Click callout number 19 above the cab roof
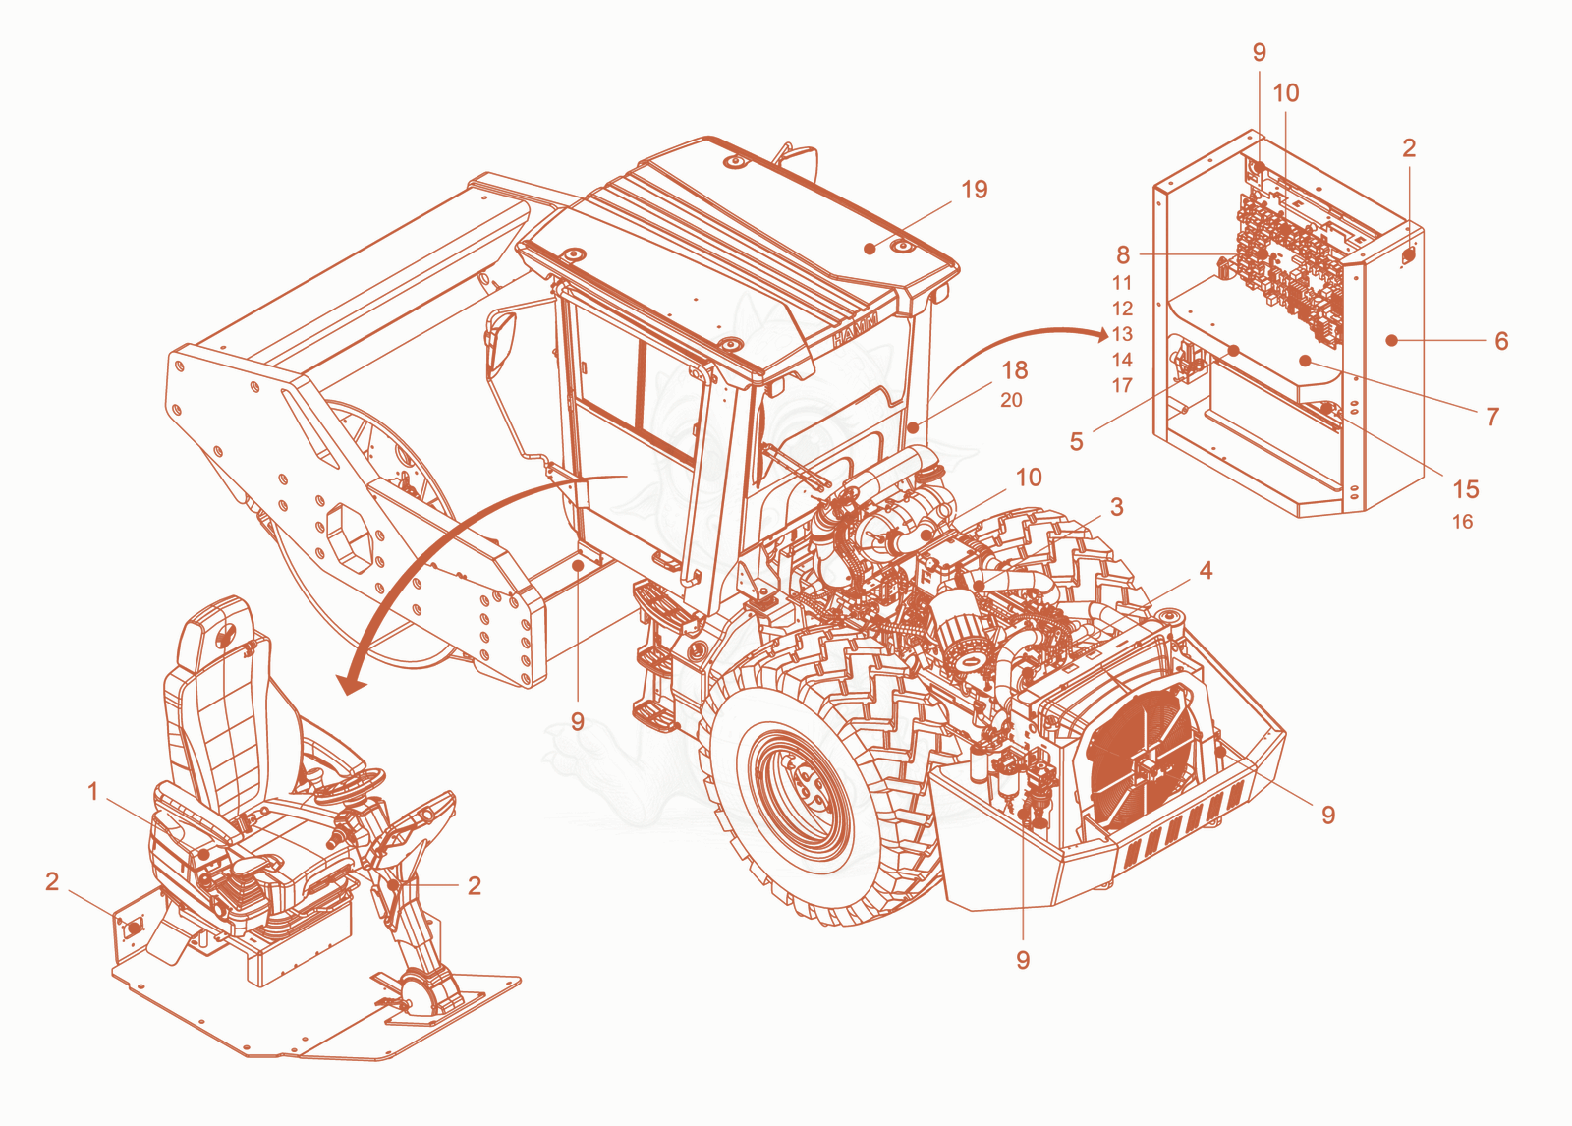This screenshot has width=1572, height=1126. pos(974,189)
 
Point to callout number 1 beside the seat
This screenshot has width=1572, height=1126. pos(92,791)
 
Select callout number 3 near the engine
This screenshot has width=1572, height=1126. pos(1116,507)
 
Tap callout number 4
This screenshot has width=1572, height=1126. pos(1206,570)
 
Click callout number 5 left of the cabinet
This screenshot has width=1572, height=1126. pos(1077,441)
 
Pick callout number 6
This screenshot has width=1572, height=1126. pos(1501,341)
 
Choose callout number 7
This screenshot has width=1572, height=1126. pos(1492,417)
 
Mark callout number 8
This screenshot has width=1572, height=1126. pos(1123,254)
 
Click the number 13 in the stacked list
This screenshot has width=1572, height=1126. pos(1122,334)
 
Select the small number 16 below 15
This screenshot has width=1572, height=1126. pos(1463,522)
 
